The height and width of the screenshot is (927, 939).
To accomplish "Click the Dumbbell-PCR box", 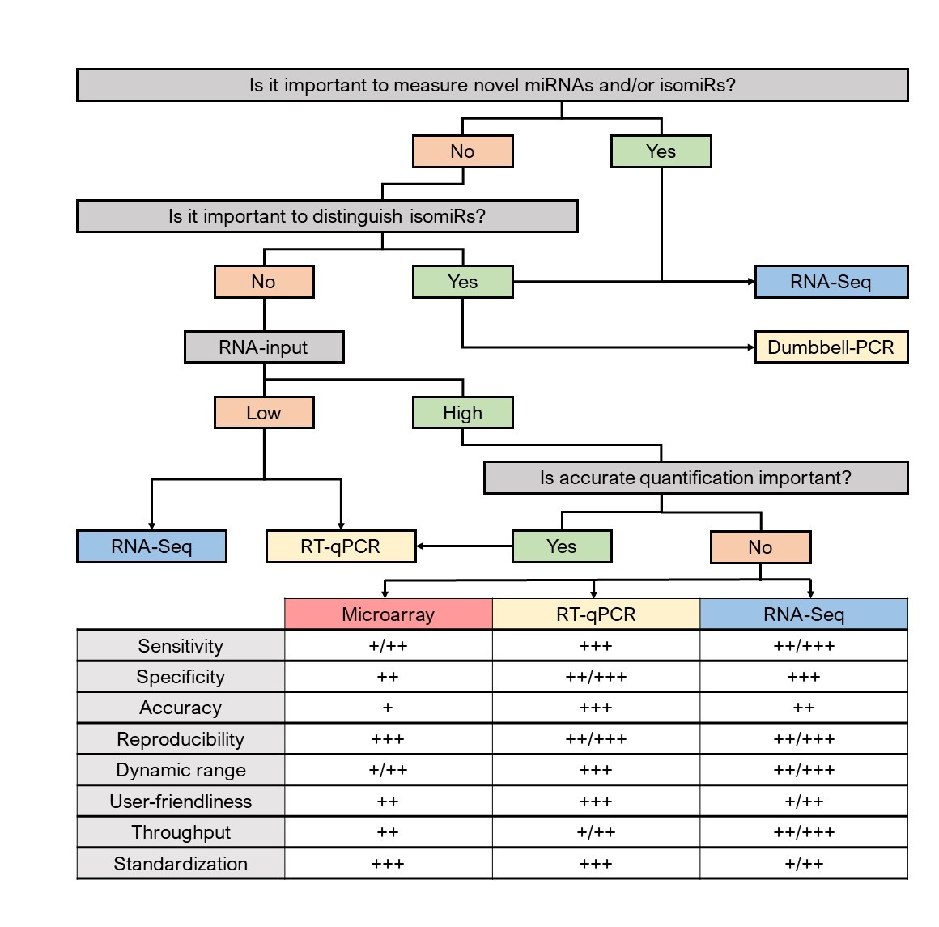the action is click(831, 347).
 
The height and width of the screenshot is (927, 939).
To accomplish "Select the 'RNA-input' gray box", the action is click(264, 347).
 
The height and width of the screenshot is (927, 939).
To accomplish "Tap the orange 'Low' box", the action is click(264, 412).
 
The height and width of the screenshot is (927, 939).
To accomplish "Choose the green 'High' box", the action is click(463, 412).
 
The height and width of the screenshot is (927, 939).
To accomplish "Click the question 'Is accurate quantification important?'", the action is click(696, 478).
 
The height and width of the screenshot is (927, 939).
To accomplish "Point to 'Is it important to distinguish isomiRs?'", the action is click(328, 215).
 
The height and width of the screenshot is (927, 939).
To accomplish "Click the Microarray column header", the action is click(388, 614).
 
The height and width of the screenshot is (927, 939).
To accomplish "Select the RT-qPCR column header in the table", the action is click(596, 614).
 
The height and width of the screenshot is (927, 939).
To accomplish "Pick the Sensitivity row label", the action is click(181, 645).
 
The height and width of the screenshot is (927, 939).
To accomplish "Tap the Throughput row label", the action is click(181, 831).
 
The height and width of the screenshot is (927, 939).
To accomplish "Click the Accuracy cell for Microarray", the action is click(388, 708).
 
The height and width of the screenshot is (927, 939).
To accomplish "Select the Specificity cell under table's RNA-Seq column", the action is click(804, 676).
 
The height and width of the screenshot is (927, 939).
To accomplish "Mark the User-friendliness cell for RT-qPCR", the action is click(596, 801).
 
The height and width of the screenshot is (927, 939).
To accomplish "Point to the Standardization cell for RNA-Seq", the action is click(804, 863).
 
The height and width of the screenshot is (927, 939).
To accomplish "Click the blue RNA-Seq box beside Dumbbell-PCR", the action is click(831, 282).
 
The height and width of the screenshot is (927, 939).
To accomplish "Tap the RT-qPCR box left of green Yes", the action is click(341, 546).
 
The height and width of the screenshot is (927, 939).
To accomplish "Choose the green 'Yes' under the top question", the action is click(661, 151).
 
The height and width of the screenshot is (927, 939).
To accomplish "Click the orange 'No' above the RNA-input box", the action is click(264, 282).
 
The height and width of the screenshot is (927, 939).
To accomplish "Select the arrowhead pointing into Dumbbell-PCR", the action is click(751, 347).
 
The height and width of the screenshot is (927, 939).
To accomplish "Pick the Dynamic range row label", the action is click(181, 769).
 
